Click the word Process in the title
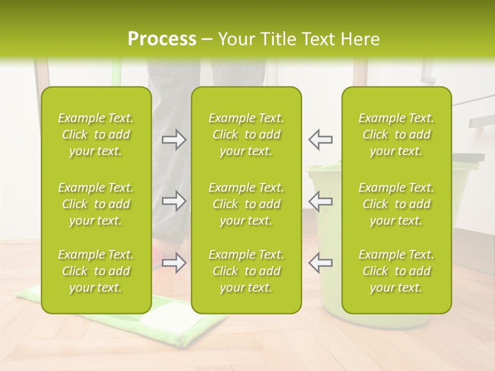[162, 39]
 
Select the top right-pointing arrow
[174, 140]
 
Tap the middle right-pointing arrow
[174, 201]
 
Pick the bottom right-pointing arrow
[174, 263]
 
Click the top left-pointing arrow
[320, 140]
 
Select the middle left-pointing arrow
[320, 201]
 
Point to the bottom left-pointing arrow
[320, 263]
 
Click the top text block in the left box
[96, 134]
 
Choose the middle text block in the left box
[96, 204]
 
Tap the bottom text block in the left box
[96, 271]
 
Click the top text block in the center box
[246, 134]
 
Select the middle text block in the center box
[246, 204]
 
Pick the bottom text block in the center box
[246, 271]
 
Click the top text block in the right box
[396, 134]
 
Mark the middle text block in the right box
[396, 204]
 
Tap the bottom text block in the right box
[396, 271]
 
